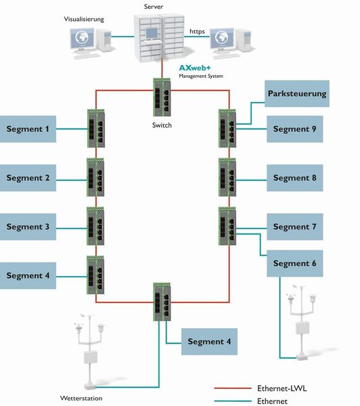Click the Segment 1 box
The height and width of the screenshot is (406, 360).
[x=28, y=129]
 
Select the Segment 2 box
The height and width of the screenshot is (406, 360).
[x=28, y=178]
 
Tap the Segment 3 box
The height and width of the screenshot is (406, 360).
[x=28, y=227]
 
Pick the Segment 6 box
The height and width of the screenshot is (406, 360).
[x=294, y=263]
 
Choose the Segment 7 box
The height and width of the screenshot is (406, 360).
[x=294, y=227]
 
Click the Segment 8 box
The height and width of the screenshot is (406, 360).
[x=294, y=178]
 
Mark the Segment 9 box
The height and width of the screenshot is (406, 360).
[x=294, y=129]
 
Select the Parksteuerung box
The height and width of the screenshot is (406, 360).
[x=297, y=93]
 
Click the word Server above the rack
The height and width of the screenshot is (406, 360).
[x=154, y=5]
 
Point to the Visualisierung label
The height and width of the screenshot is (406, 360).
[x=84, y=20]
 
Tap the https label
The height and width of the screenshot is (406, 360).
[x=198, y=31]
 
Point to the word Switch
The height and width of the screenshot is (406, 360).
[x=162, y=125]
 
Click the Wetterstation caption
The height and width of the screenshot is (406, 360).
[x=81, y=399]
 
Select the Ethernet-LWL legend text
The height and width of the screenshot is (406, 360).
[x=282, y=388]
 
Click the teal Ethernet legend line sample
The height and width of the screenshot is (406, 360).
[x=232, y=401]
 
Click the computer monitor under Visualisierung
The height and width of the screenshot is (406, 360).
[x=85, y=40]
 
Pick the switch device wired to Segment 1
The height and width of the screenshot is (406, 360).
[x=95, y=129]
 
